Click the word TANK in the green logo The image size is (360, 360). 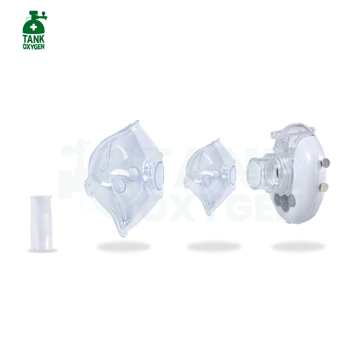(34, 39)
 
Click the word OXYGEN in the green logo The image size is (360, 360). (34, 47)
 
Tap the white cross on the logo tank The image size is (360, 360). (34, 27)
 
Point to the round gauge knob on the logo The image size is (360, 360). (43, 13)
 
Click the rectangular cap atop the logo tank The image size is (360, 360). (34, 13)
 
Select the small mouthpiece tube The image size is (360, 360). (41, 223)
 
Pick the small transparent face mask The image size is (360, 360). (210, 177)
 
